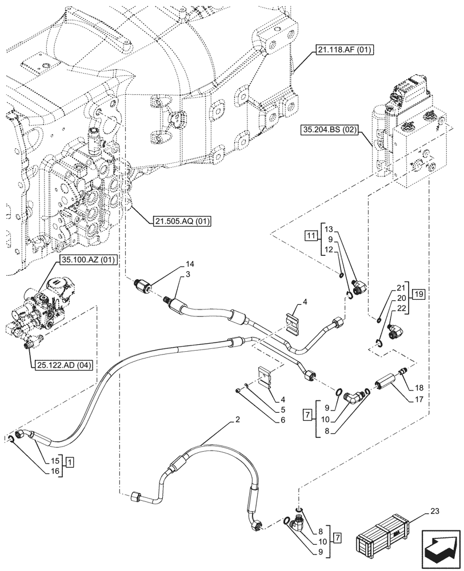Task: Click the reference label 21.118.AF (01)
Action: pos(342,51)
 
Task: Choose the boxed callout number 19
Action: pos(418,295)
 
